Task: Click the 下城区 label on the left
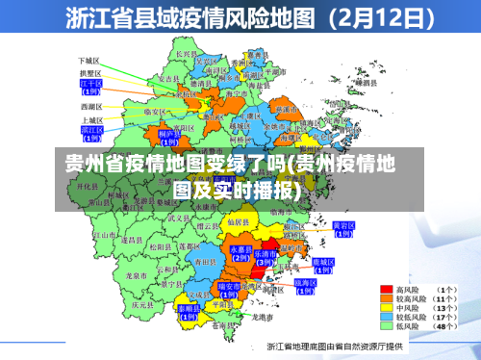click(89, 60)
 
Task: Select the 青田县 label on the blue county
click(204, 261)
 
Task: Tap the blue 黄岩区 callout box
click(342, 228)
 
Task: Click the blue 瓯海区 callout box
click(306, 283)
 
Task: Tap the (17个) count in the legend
click(448, 316)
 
